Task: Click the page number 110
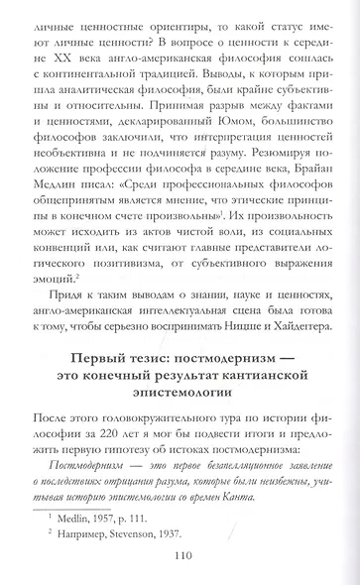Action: (x=180, y=556)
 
